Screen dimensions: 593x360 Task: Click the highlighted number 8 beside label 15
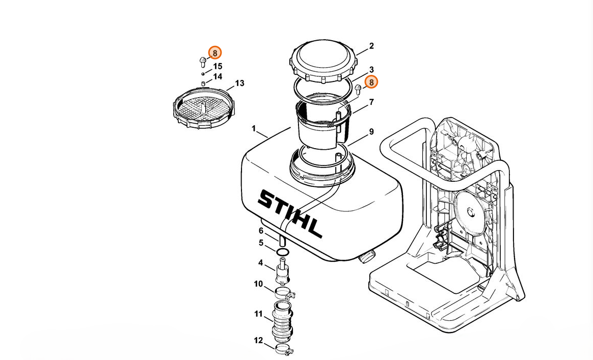215,52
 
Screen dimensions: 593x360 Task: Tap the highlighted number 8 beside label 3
371,82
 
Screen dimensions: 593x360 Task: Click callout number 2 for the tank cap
371,46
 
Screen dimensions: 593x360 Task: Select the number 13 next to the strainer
240,83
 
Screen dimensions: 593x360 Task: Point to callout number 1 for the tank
254,129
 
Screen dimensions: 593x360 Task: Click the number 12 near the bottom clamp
258,341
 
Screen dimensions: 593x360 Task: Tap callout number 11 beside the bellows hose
258,314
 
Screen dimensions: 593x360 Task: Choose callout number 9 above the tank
371,131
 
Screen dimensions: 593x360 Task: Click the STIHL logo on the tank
289,214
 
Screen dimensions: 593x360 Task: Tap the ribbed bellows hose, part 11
283,321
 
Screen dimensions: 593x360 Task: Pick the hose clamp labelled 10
284,292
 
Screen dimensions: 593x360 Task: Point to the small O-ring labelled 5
283,252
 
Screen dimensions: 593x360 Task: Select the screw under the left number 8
202,62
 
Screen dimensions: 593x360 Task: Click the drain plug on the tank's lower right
366,256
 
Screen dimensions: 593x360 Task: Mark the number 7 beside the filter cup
371,102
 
